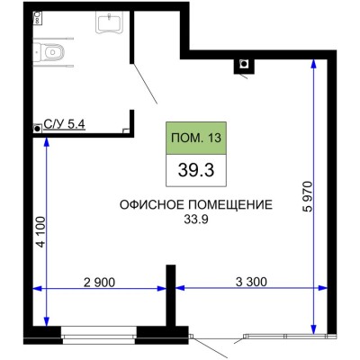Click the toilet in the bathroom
coord(49,52)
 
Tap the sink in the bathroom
coord(110,22)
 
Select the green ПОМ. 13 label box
coord(196,139)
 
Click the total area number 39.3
coord(196,170)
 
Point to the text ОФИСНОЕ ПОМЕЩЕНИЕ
coord(196,205)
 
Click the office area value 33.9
coord(196,220)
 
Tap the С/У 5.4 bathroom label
coord(65,124)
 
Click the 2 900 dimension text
coord(99,283)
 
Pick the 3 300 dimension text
coord(251,282)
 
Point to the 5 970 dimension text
coord(308,197)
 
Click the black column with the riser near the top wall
coord(244,66)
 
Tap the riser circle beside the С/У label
coord(38,129)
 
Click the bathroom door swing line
coord(145,84)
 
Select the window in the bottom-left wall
coord(99,335)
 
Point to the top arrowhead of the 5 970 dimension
coord(314,63)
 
